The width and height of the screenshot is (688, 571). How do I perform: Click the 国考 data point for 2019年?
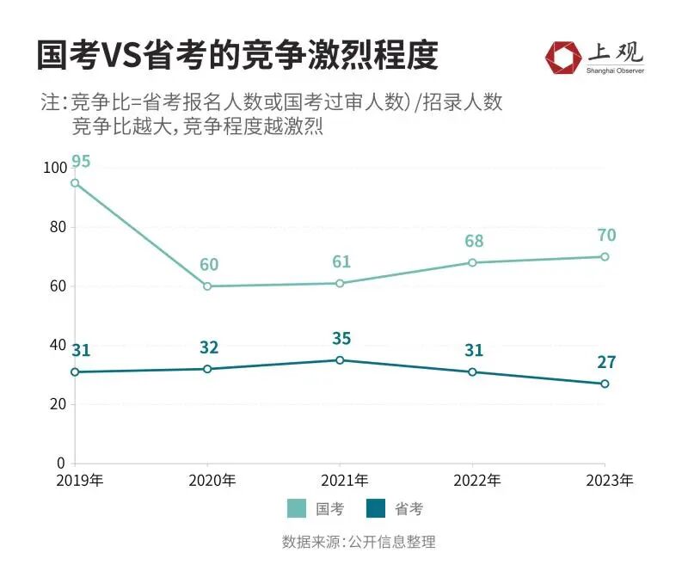[75, 182]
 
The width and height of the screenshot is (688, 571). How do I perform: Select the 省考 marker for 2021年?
[340, 360]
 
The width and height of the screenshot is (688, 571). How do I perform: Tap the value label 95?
[82, 162]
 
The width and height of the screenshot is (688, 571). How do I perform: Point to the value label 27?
[606, 362]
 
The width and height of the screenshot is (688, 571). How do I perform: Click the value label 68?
[472, 242]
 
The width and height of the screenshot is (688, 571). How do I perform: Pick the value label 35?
[341, 339]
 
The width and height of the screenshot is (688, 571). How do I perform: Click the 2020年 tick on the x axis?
[207, 480]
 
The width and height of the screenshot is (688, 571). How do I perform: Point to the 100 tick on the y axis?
[54, 169]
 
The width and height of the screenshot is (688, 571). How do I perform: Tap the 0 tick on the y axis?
[61, 464]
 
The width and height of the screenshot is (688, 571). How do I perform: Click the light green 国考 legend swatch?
[297, 509]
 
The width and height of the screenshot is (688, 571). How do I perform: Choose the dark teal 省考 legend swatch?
[376, 509]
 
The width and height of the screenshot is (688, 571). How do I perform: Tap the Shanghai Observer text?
[615, 71]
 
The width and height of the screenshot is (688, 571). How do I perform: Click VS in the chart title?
[129, 56]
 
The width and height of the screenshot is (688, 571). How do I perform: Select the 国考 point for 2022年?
[472, 262]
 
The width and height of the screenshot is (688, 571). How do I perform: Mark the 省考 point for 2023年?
[605, 384]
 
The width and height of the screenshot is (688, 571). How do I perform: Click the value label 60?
[209, 265]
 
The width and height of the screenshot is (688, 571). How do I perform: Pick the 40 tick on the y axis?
[58, 346]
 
